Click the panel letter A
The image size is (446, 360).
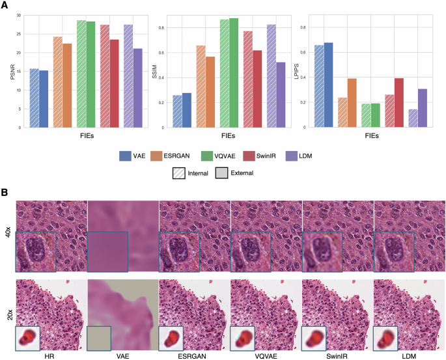pos(5,6)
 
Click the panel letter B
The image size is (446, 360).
pos(5,193)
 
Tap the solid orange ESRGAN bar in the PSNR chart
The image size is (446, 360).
pos(66,85)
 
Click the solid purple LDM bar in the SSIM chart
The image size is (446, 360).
pos(281,94)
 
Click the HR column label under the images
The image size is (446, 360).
pos(51,355)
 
